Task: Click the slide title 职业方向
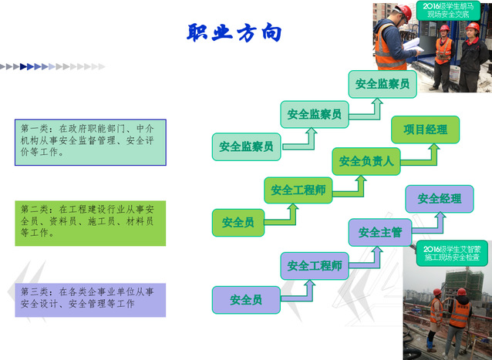pos(234,32)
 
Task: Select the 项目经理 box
pos(425,130)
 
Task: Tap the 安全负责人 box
pos(366,161)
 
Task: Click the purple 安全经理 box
pos(440,199)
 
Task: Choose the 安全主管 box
pos(380,232)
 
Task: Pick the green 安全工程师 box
pos(298,190)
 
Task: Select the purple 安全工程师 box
pos(315,266)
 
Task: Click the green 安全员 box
pos(238,223)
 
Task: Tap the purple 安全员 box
pos(246,300)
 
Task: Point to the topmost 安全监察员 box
pos(382,84)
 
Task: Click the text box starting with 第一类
pos(90,143)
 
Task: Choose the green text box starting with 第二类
pos(90,224)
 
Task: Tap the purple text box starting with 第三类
pos(90,300)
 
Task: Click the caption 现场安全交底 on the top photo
pos(448,15)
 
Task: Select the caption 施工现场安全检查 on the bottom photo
pos(452,257)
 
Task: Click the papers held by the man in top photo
pos(413,45)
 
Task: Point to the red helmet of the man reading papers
pos(404,12)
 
